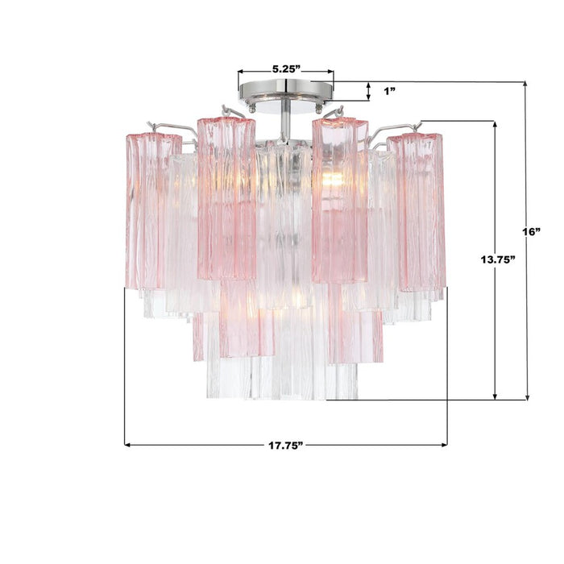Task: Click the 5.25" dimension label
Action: click(x=286, y=69)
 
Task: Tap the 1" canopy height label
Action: click(x=389, y=91)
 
